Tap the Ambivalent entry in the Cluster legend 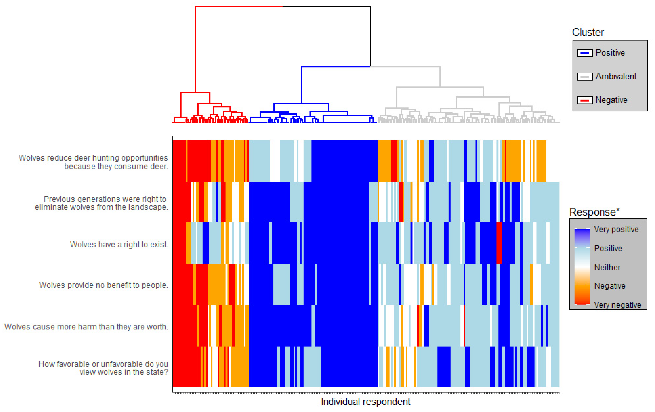click(616, 76)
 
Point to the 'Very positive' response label click(616, 229)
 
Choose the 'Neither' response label click(607, 267)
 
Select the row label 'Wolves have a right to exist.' click(119, 245)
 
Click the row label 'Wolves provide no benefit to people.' click(104, 285)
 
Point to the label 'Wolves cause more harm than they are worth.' click(86, 327)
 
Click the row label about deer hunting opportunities click(93, 162)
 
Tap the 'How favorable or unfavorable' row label click(103, 368)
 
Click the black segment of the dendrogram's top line click(326, 6)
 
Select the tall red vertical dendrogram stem click(195, 49)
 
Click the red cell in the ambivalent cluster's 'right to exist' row click(499, 243)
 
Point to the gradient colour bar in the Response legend click(582, 267)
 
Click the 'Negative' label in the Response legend click(610, 286)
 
